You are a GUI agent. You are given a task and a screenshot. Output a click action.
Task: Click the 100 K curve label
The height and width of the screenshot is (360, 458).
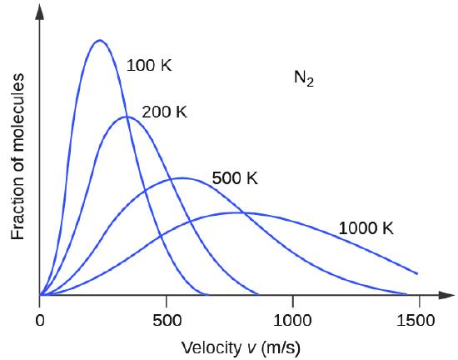point(149,66)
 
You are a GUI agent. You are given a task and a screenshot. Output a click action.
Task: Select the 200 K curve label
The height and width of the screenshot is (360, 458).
point(164,112)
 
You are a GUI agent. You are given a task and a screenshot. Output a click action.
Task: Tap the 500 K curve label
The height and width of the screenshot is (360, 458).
point(235,178)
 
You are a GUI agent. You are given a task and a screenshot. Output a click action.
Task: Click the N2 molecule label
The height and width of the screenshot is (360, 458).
point(304,79)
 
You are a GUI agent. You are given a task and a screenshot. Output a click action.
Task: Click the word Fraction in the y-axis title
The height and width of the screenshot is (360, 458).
point(18,209)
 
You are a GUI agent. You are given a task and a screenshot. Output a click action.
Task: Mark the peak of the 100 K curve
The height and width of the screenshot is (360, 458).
point(100,40)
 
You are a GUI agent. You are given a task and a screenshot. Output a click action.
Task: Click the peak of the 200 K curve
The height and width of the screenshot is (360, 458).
point(126,117)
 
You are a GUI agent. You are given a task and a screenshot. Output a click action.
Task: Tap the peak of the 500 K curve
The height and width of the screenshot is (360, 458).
point(181,177)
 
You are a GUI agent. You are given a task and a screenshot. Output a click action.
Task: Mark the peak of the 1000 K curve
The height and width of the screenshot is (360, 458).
point(241,212)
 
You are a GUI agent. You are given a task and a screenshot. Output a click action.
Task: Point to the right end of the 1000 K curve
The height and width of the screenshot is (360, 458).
point(416,273)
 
